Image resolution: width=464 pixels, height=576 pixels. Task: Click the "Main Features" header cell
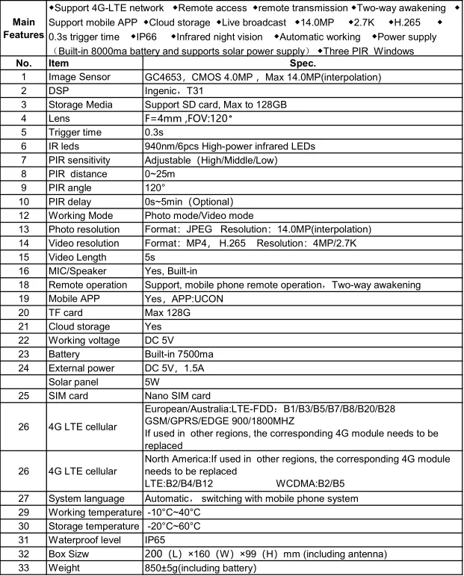(23, 28)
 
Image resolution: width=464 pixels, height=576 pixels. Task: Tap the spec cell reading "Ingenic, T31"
(173, 90)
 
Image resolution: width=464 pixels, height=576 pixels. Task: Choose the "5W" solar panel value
(151, 381)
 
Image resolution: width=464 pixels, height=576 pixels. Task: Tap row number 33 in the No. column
(23, 568)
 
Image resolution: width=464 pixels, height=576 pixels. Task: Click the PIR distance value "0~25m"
(160, 174)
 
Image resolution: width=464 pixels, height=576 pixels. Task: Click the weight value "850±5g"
(163, 568)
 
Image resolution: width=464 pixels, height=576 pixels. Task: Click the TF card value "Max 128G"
(168, 313)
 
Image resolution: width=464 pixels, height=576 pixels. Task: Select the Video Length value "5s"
(149, 257)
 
